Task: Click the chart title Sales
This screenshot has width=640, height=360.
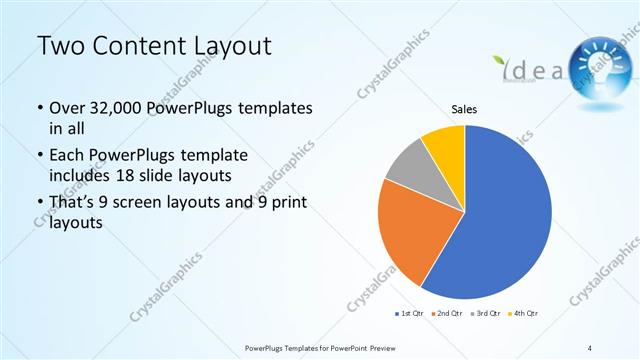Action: click(x=464, y=108)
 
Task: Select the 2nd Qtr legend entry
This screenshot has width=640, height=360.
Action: click(x=446, y=314)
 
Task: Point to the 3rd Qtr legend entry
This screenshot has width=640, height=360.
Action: click(x=487, y=314)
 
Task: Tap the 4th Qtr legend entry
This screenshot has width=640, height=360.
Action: click(x=524, y=314)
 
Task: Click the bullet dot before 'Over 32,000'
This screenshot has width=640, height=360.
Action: click(x=39, y=108)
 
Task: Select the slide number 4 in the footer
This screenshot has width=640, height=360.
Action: click(x=591, y=347)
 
